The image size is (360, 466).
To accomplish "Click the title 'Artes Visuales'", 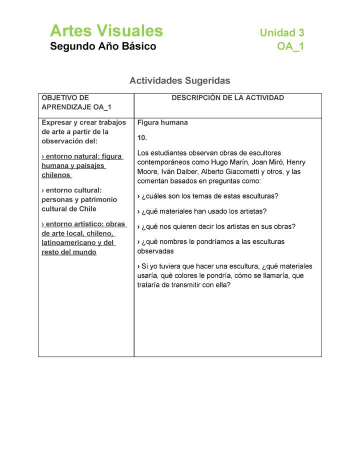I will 106,31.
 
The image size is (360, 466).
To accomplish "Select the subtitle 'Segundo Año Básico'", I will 103,46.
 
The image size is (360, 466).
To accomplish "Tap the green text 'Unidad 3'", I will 282,33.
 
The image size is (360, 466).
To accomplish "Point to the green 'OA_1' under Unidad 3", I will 290,46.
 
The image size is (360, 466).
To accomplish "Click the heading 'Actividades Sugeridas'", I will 179,80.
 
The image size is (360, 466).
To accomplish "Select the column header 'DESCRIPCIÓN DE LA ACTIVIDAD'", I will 227,98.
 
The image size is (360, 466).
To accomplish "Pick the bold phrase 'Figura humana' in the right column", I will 162,122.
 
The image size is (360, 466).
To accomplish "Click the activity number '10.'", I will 142,137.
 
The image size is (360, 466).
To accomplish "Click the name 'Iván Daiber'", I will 179,171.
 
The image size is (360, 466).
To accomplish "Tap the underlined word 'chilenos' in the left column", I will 56,175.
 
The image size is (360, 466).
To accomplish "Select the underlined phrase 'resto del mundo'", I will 69,252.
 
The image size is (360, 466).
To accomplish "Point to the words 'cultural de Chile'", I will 69,208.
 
